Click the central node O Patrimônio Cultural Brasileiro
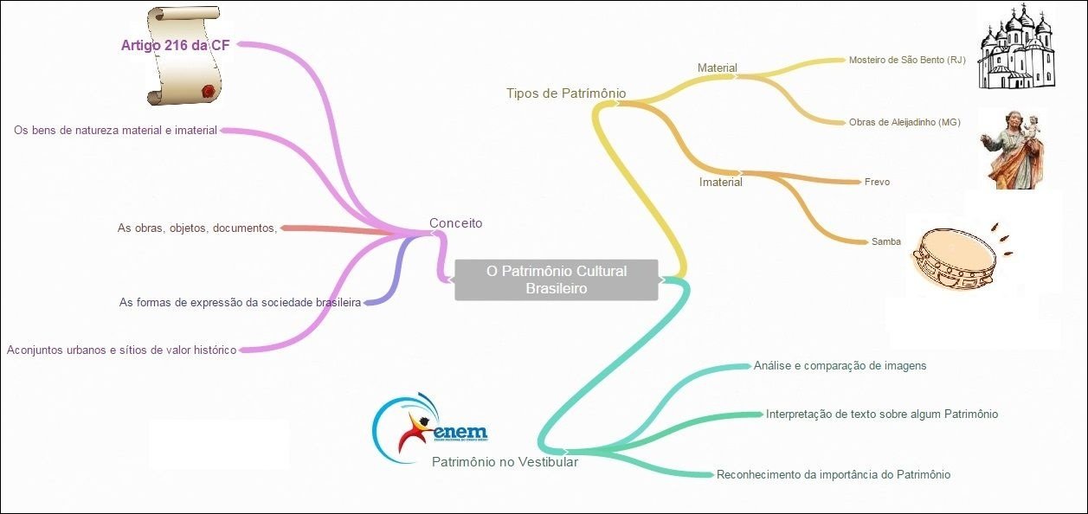556,279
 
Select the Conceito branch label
455,223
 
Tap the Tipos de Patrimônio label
566,93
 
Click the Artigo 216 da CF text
175,46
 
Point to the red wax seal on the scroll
207,90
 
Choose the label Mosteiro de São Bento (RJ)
907,60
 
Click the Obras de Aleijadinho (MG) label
905,122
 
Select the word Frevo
877,182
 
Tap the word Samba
886,241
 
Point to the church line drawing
1016,51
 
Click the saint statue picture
1014,148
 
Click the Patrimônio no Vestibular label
505,462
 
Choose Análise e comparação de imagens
840,365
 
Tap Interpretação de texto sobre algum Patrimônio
881,414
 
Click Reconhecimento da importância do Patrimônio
833,474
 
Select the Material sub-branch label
717,67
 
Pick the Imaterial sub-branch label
720,182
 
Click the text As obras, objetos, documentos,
196,228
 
